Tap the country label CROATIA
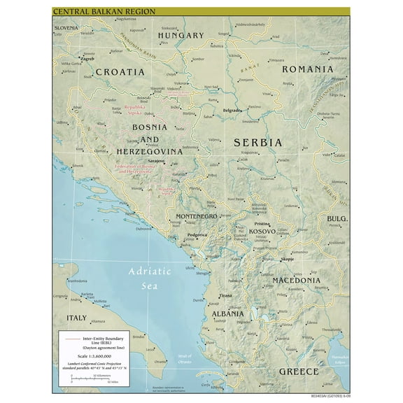[x=120, y=71]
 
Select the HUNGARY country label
[x=181, y=35]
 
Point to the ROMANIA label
[x=306, y=69]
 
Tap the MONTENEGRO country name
[x=199, y=216]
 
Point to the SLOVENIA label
[x=69, y=27]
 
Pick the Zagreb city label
[x=87, y=59]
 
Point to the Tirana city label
[x=225, y=296]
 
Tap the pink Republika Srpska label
[x=137, y=110]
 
